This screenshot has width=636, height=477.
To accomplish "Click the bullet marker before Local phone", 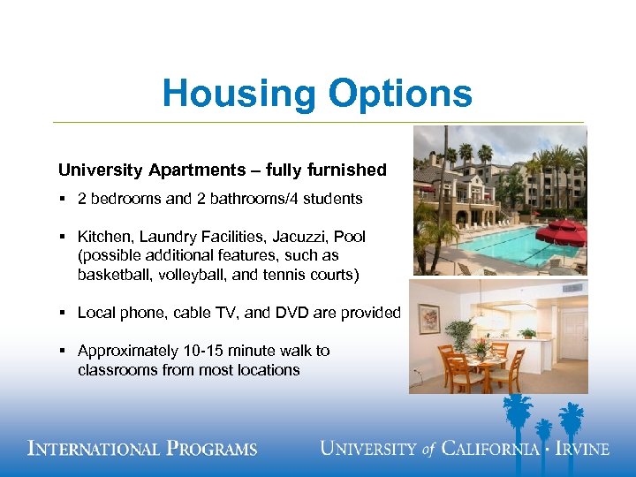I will click(63, 313).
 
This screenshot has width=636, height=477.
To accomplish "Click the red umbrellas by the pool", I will click(562, 232).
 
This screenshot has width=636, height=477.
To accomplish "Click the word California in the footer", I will click(490, 449).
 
